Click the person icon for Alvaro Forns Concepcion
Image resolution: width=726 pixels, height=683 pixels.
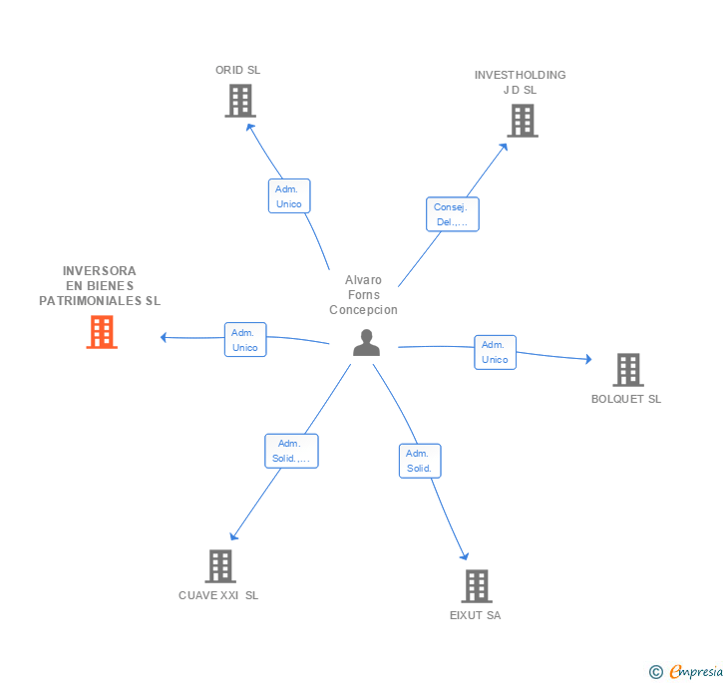pos(367,343)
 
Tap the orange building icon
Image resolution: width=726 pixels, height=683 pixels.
pos(102,332)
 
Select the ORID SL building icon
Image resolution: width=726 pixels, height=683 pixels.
pos(239,101)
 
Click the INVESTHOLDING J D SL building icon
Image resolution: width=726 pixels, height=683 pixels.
pos(522,121)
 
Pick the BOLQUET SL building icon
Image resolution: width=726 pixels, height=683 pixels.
pos(627,370)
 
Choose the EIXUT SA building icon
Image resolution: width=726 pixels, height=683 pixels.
pos(476,586)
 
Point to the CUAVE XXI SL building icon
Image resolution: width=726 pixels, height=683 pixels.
pos(219,566)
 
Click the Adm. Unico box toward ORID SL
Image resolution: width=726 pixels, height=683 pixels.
pos(289,195)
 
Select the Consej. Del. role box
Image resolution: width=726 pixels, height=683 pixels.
pos(452,214)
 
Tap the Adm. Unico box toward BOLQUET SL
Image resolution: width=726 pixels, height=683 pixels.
pos(495,352)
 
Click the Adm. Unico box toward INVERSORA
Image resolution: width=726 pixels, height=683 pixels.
pos(244,340)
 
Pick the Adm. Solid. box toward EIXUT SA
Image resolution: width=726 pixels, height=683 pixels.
pos(419,461)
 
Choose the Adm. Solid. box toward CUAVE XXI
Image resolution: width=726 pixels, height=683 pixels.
pos(290,452)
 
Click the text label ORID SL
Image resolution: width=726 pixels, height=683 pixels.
pos(237,70)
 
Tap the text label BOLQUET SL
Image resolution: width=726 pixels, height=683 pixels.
pos(626,399)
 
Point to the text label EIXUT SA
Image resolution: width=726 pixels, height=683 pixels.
pos(475,615)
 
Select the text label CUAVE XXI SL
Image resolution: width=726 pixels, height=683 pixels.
pos(218,595)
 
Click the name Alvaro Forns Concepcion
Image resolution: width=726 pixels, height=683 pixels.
pos(363,295)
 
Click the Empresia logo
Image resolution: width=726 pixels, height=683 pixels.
pos(687,671)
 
